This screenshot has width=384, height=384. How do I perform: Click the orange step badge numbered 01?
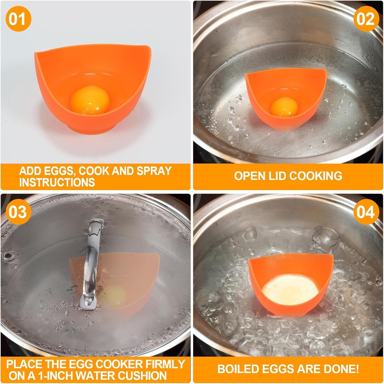(x=18, y=19)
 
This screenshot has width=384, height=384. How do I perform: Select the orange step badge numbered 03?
(x=18, y=212)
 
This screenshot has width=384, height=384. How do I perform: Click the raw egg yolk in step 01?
(x=90, y=101)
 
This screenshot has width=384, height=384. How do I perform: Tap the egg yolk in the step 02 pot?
(x=285, y=107)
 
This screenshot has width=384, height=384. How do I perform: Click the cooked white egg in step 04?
(x=290, y=289)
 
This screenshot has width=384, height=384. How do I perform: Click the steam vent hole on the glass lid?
(x=8, y=256)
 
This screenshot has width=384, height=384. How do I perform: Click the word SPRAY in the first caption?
(x=154, y=171)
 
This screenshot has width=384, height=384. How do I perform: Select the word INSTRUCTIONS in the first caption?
(x=57, y=182)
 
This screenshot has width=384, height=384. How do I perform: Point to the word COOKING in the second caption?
(x=315, y=176)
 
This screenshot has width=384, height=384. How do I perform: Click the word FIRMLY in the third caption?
(x=165, y=364)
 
